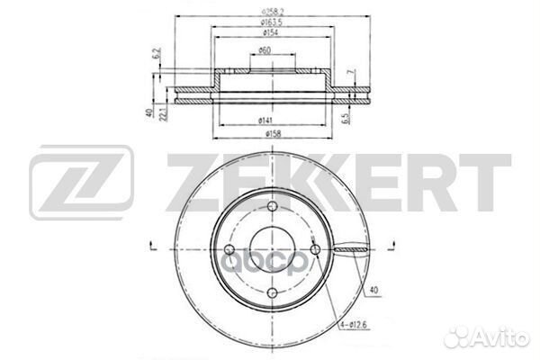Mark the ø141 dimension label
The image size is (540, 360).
[x=265, y=120]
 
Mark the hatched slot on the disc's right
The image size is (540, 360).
[x=353, y=249]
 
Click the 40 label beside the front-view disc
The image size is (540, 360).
[x=373, y=290]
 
